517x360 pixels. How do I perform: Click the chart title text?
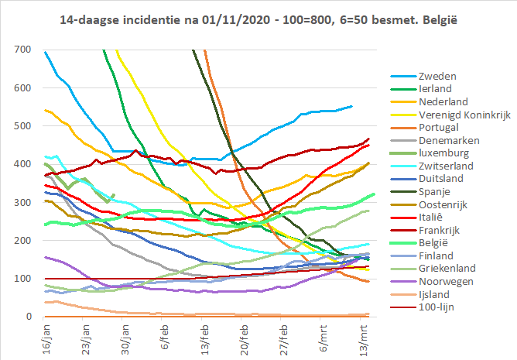coord(258,17)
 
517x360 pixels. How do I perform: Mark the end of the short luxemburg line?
coord(114,194)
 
